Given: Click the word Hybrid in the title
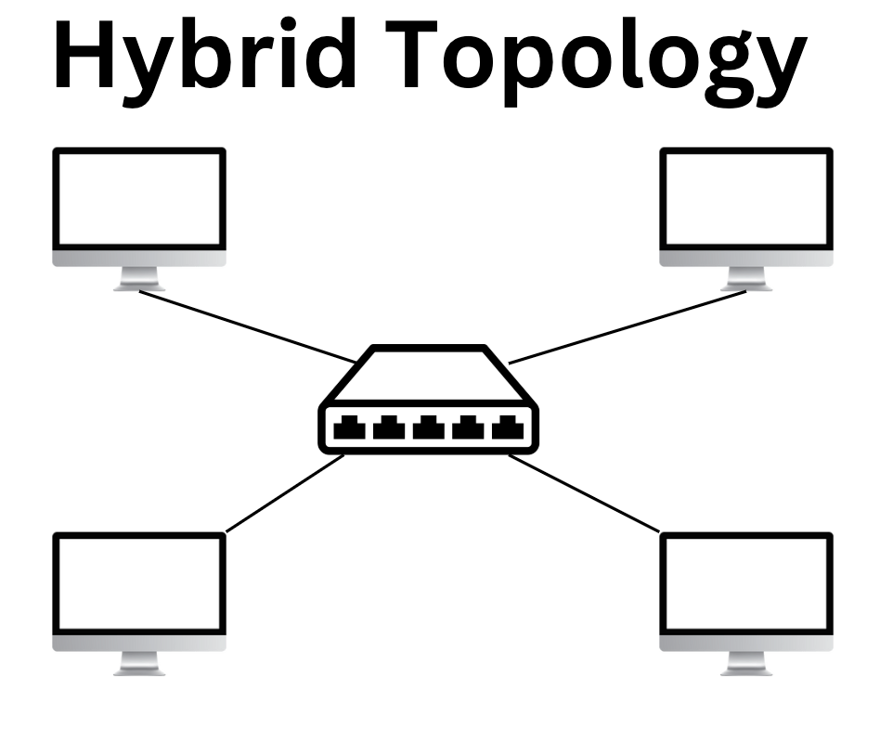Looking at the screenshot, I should point(206,57).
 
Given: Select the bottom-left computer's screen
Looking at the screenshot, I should point(138,584).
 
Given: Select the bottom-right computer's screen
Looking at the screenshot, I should point(746,584).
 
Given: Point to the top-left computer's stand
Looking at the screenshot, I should point(139,278).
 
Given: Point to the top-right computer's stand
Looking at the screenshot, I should point(746,278).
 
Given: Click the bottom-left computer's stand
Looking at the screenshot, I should point(139,663).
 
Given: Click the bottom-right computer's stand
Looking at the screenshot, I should point(746,663).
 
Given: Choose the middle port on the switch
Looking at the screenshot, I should point(428,428).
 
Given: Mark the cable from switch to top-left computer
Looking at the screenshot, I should point(246,325).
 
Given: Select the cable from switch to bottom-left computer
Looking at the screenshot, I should point(283,493).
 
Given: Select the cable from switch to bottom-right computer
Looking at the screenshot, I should point(585,493).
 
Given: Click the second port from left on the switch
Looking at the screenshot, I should point(388,428).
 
